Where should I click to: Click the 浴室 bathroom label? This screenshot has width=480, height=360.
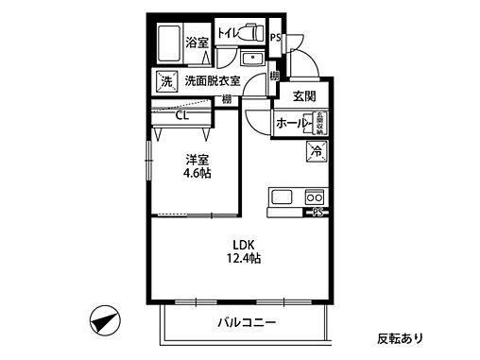197,43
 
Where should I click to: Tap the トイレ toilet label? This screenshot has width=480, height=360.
228,33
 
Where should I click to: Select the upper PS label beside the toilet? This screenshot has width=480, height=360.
275,39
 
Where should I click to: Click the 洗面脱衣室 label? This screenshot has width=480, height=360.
213,81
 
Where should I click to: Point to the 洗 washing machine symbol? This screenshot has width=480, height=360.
166,81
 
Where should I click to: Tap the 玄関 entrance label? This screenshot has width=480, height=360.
304,95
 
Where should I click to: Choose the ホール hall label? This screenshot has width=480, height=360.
292,124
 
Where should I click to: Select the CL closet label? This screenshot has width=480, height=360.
182,117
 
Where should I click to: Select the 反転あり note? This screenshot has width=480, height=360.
401,337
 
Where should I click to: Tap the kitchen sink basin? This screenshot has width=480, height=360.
283,197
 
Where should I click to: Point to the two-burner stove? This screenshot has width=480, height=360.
313,197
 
